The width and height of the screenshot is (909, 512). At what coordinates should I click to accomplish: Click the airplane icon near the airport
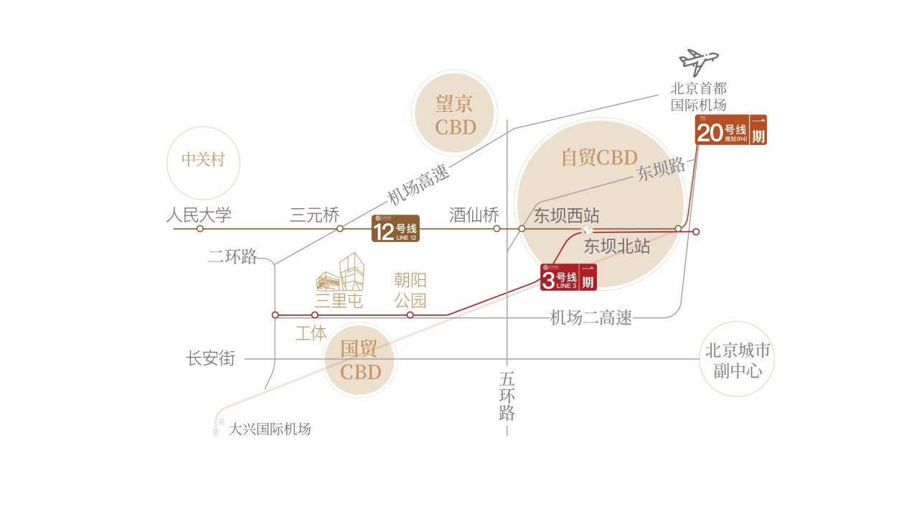point(698,61)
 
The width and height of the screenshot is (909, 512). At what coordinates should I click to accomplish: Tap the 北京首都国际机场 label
point(698,97)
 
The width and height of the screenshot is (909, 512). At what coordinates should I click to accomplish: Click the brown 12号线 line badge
point(395,229)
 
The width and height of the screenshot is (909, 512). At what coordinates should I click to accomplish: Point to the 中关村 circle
point(203,159)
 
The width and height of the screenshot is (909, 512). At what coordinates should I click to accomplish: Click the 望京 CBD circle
point(455,114)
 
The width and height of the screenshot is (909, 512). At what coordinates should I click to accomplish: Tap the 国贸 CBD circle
point(360,360)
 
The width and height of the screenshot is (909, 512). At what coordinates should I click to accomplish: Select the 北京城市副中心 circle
point(737,360)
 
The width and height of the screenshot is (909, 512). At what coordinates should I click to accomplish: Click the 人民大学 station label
point(199,215)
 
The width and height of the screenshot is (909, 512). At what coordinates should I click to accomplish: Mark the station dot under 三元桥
point(340,229)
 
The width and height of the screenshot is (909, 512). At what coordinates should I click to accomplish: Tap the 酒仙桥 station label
point(474,215)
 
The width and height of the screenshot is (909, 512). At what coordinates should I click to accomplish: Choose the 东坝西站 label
point(566,215)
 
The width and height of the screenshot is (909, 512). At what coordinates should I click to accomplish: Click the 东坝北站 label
point(616,246)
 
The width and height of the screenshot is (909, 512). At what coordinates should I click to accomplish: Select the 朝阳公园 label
point(410,289)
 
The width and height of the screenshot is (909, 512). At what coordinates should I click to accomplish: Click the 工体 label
point(311,333)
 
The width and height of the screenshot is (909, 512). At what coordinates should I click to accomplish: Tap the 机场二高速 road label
point(590,317)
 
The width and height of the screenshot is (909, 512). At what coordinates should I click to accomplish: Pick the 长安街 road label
point(211,358)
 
